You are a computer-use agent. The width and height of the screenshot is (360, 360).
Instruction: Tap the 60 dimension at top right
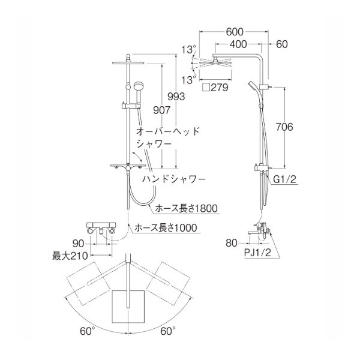(283, 45)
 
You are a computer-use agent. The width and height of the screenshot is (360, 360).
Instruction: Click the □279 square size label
(214, 87)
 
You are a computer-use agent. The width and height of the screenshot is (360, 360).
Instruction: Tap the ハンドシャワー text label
(174, 179)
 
